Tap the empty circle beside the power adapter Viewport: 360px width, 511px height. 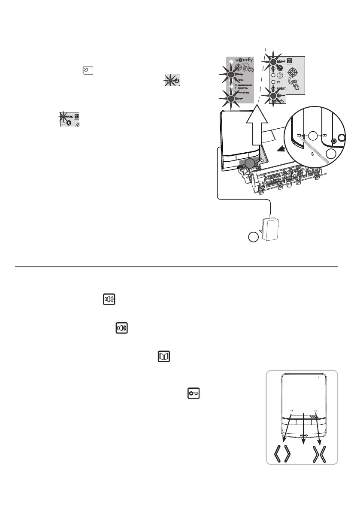point(254,237)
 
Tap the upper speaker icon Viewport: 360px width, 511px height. point(109,299)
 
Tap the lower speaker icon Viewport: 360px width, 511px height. point(123,329)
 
